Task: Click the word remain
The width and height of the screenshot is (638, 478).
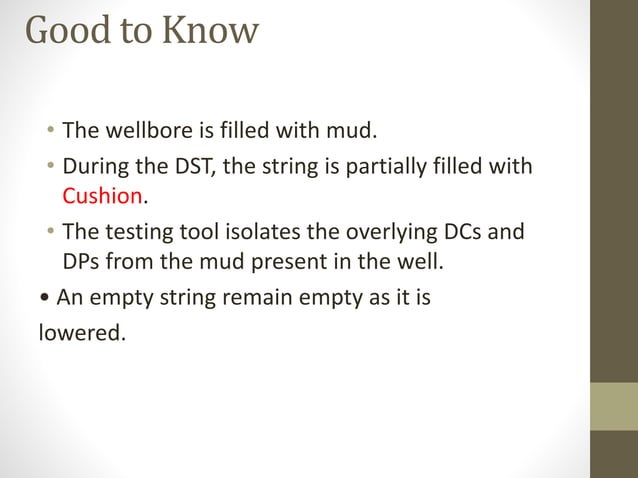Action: point(252,297)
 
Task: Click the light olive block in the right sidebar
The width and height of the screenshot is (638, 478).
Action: point(613,407)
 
